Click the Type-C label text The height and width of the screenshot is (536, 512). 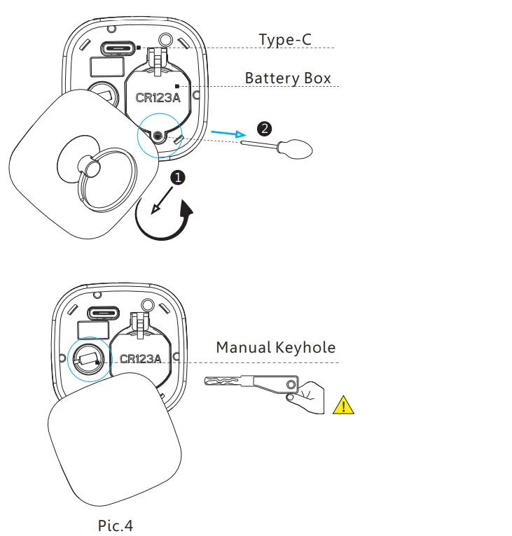click(285, 39)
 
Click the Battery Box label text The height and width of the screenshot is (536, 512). click(288, 78)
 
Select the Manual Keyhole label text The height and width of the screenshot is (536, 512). click(275, 347)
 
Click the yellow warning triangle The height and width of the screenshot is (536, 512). click(343, 405)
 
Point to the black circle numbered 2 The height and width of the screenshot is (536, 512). click(263, 128)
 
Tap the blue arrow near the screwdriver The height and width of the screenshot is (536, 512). click(228, 133)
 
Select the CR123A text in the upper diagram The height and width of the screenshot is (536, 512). click(158, 98)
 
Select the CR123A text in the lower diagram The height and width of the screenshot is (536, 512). click(140, 359)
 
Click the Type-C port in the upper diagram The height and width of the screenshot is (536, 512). click(118, 49)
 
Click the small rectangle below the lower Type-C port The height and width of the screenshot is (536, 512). click(89, 330)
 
